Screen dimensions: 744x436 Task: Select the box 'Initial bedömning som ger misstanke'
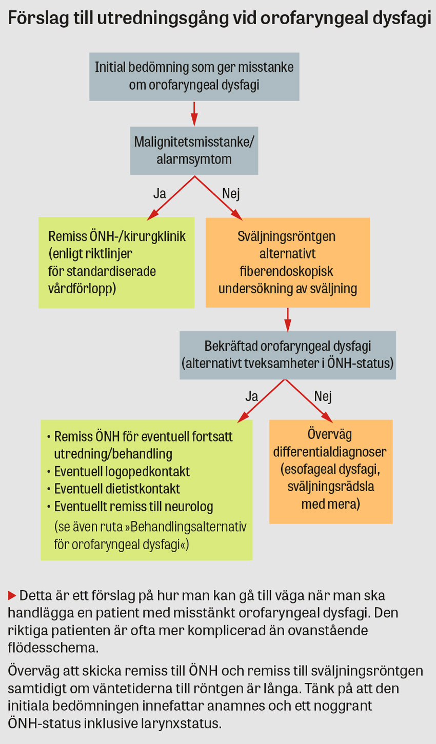point(194,76)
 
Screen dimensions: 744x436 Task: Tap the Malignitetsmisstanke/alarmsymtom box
point(194,151)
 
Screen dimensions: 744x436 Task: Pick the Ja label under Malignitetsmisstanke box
point(160,194)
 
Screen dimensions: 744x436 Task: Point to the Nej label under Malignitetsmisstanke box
point(231,194)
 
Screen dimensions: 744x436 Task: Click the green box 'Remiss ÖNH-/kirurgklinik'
point(116,262)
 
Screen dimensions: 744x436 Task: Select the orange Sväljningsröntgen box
point(287,262)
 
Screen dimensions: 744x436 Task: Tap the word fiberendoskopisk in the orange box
point(287,271)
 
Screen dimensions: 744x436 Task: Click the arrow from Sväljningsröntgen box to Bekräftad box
point(288,319)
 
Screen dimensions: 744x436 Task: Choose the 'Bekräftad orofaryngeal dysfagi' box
point(287,355)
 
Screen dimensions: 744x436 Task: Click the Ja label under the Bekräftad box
point(251,396)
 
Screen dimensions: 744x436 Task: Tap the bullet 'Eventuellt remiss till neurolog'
point(133,507)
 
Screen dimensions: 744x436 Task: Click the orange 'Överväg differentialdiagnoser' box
point(330,471)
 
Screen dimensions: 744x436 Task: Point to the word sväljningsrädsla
point(330,486)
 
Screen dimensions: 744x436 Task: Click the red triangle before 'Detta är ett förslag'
point(12,595)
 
